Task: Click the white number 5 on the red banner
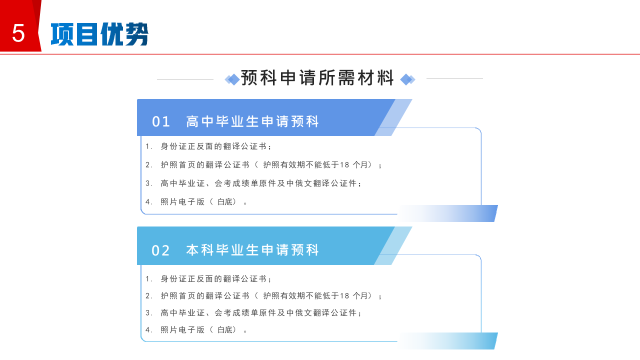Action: (x=18, y=33)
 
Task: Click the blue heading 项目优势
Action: (x=99, y=34)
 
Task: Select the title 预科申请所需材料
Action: (x=317, y=77)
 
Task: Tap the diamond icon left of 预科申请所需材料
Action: (x=232, y=79)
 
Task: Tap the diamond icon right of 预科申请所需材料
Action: (x=407, y=79)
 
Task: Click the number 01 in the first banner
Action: (x=161, y=121)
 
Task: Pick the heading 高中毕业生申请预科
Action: (x=252, y=121)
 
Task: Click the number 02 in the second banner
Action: (x=160, y=250)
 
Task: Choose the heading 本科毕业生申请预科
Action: (x=252, y=250)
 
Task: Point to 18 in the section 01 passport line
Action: (x=344, y=165)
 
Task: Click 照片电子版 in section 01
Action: (x=182, y=201)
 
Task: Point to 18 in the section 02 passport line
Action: (x=344, y=295)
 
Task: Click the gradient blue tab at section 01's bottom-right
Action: (x=447, y=213)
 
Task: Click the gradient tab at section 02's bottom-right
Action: (x=447, y=341)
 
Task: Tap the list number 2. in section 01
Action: (x=148, y=165)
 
